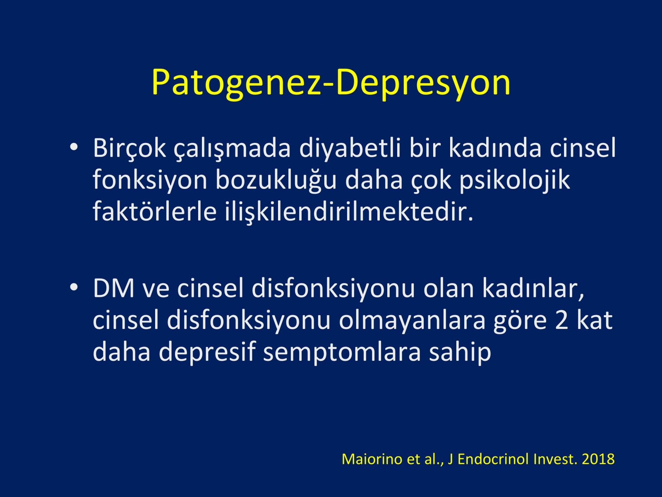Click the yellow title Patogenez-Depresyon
point(331,83)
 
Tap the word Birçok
point(130,148)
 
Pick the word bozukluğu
point(276,181)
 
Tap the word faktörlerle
point(154,211)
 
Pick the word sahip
point(460,352)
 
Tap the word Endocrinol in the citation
point(494,459)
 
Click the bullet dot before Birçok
point(74,147)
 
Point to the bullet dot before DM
point(74,287)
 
